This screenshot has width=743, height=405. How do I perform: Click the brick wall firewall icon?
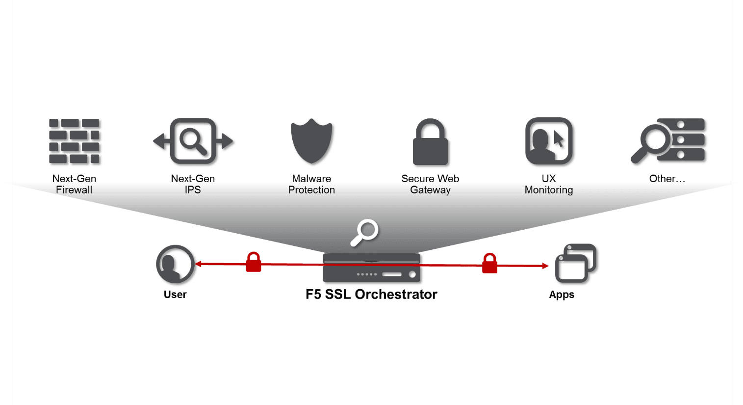pos(74,141)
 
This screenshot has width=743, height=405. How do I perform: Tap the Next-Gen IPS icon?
pos(193,141)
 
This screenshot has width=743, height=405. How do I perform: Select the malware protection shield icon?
pos(311,141)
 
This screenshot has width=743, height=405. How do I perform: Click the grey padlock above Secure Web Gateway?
pos(430,142)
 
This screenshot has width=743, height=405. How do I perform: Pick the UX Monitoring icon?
pos(549,141)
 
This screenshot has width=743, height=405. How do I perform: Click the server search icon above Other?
pos(668,141)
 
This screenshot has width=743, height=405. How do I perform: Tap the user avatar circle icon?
pos(175,264)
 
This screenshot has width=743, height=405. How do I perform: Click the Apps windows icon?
pos(575,263)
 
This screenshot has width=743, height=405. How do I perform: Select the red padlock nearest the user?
pos(253,262)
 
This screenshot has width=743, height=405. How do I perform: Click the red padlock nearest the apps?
pos(489,264)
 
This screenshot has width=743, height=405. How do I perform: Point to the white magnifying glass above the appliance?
pos(364,232)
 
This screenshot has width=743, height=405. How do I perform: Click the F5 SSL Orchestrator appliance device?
pos(371,268)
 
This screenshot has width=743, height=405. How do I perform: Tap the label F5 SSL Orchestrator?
pos(371,294)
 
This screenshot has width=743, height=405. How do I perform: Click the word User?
pos(175,295)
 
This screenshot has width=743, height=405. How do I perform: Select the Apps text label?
pos(562,295)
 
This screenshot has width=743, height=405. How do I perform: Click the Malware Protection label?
pos(311,184)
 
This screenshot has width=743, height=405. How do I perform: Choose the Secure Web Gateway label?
pos(430,184)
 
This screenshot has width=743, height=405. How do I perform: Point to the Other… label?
pos(667,179)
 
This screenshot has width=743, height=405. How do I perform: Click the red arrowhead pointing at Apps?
pos(545,266)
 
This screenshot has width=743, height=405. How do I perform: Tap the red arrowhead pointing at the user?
pos(199,264)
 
